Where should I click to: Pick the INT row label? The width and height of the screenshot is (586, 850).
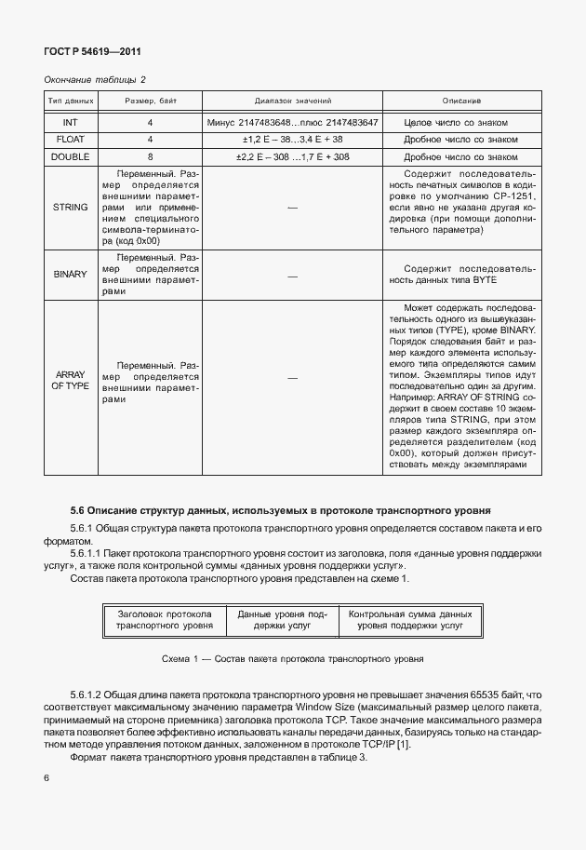[x=70, y=122]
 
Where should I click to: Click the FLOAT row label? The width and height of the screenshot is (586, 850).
[x=70, y=140]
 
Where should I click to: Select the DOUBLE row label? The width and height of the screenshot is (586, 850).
[x=70, y=157]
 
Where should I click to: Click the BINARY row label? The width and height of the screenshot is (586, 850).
[x=70, y=275]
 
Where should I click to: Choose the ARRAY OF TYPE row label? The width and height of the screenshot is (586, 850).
[x=70, y=379]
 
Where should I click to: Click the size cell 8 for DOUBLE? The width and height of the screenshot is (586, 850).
[x=150, y=157]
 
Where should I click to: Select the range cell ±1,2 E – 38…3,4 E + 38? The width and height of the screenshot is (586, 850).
[x=293, y=140]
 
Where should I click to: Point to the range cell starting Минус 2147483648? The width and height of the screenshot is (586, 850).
[x=293, y=122]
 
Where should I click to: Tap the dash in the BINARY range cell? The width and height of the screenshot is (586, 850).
[x=293, y=275]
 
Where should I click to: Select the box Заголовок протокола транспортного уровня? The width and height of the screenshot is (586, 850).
[x=165, y=621]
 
